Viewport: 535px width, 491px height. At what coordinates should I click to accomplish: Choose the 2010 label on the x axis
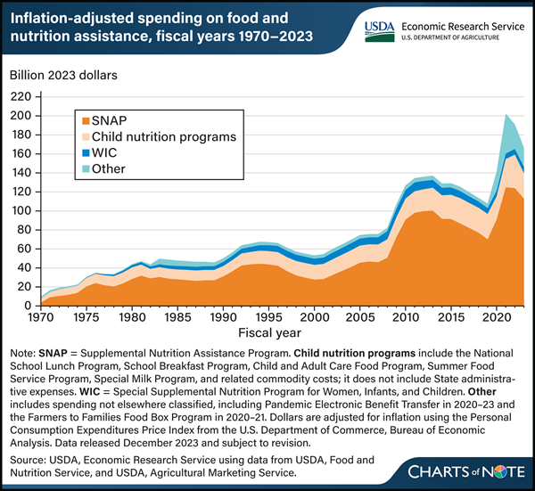click(x=405, y=316)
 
